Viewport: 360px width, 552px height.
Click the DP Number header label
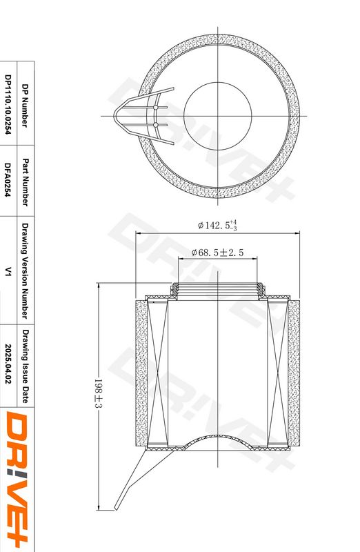25,106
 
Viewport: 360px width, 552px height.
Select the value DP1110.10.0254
8,104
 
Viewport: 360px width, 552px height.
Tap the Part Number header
25,182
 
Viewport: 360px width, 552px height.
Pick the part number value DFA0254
8,180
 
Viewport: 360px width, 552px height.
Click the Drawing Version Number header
25,270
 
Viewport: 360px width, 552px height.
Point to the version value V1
8,271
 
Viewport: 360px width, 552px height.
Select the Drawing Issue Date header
25,366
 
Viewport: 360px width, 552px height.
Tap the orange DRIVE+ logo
17,480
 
